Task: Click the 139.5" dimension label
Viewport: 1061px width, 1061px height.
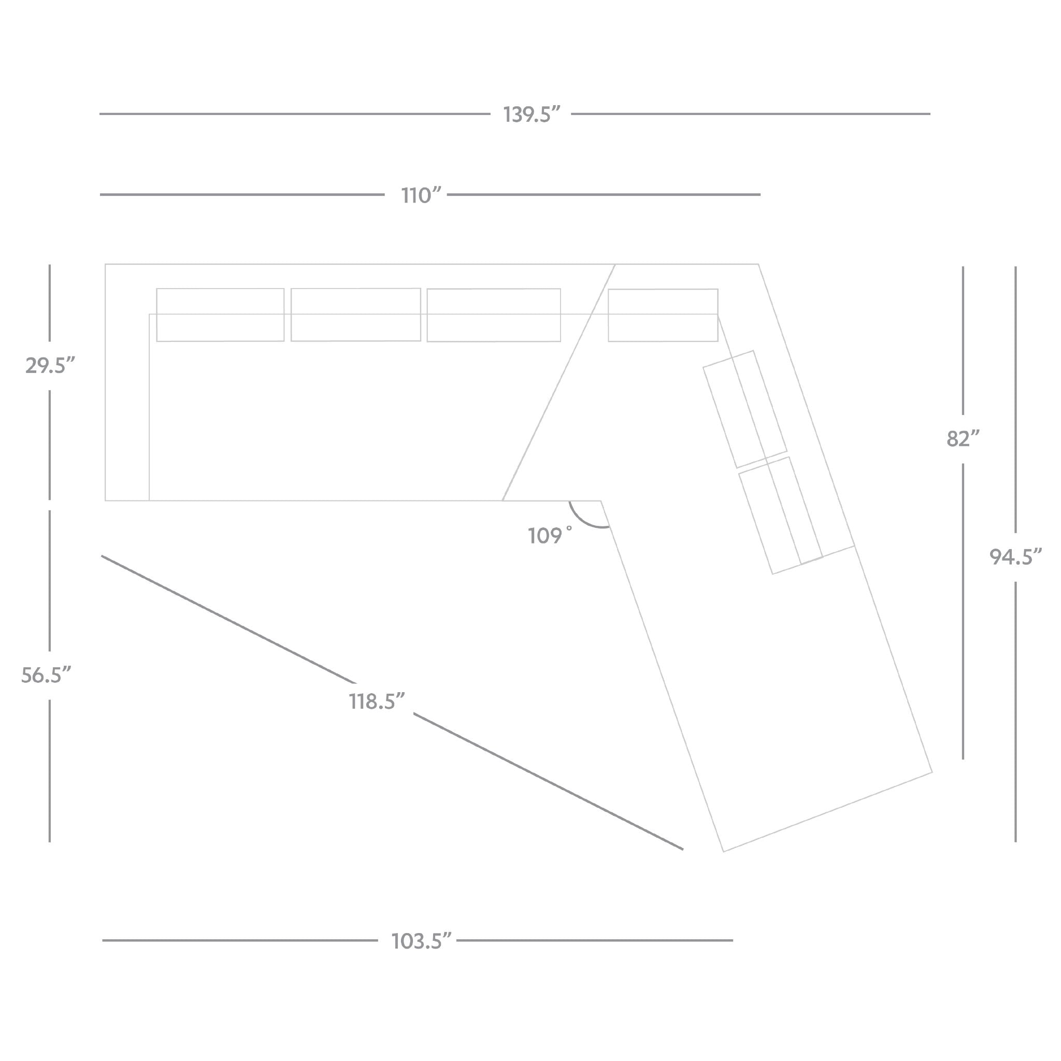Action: pyautogui.click(x=531, y=115)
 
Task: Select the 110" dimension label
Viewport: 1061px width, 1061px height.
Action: pyautogui.click(x=421, y=195)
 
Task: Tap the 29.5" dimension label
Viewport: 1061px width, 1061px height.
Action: pyautogui.click(x=49, y=365)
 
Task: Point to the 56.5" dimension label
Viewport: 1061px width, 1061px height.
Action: pyautogui.click(x=46, y=675)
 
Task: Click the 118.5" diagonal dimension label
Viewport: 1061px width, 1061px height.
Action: pyautogui.click(x=377, y=702)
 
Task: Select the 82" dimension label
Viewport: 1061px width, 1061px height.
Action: pyautogui.click(x=963, y=439)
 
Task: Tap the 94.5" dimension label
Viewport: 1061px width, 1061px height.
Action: pyautogui.click(x=1015, y=557)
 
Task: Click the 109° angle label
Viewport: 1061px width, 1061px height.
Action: pyautogui.click(x=550, y=536)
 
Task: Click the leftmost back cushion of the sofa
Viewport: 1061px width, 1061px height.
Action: pyautogui.click(x=220, y=314)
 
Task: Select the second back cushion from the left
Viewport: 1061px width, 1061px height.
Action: pyautogui.click(x=356, y=314)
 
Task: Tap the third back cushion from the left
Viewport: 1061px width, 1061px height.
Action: pyautogui.click(x=494, y=315)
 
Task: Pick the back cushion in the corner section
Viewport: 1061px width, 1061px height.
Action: pyautogui.click(x=663, y=315)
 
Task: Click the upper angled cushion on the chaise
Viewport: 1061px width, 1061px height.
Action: pyautogui.click(x=744, y=409)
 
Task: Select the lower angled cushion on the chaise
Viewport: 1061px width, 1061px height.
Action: pyautogui.click(x=780, y=515)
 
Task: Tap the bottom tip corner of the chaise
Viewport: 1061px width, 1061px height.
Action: pyautogui.click(x=723, y=852)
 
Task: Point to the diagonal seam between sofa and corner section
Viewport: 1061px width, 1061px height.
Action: pyautogui.click(x=558, y=382)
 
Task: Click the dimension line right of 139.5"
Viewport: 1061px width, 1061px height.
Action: pyautogui.click(x=751, y=114)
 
